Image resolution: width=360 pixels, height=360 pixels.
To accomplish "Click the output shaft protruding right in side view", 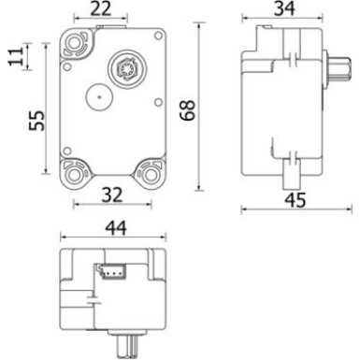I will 334,70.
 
